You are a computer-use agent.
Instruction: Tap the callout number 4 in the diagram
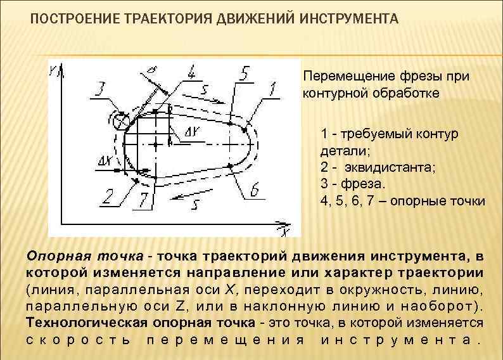pos(190,72)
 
